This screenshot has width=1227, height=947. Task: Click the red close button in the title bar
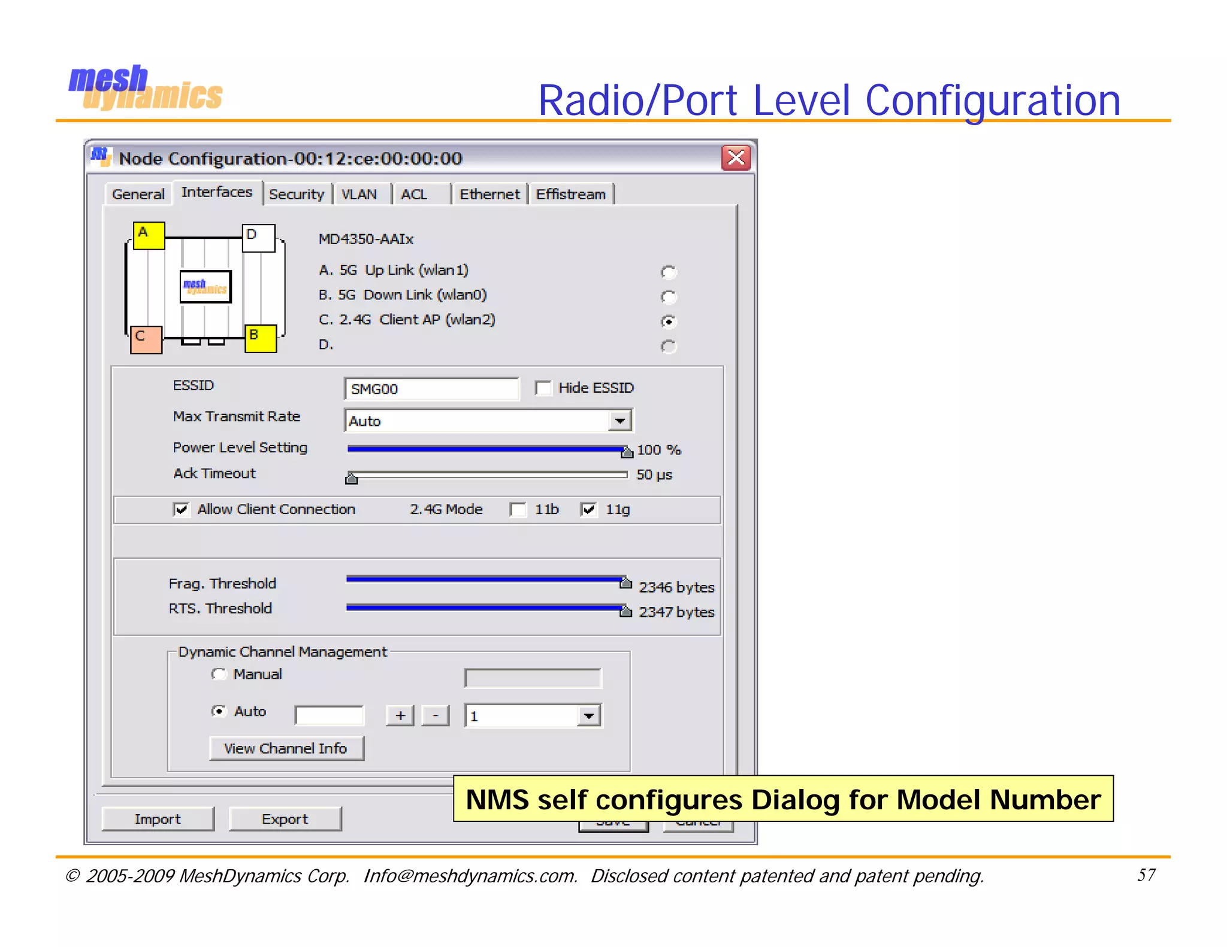click(x=736, y=158)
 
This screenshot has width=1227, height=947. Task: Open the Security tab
click(x=297, y=195)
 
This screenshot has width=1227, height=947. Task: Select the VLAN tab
click(x=359, y=195)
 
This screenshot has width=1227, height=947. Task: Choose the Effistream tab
click(x=570, y=195)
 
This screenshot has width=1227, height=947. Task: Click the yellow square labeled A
click(x=148, y=235)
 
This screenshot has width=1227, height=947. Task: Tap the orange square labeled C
click(x=146, y=339)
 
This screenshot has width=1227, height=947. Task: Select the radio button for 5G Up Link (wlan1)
click(x=669, y=272)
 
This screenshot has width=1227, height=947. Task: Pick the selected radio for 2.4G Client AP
click(x=669, y=321)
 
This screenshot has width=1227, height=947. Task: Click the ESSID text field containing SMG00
click(x=431, y=388)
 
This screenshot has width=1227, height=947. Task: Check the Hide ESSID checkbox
click(x=543, y=388)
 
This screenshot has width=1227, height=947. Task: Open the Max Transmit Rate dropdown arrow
click(x=620, y=421)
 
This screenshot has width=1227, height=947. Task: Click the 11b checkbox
click(x=518, y=509)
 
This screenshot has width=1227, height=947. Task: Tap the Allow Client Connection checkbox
click(x=181, y=509)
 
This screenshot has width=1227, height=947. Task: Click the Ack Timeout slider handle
click(x=352, y=477)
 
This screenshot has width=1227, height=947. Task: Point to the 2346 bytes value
click(x=676, y=587)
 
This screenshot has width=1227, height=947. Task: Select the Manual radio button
click(x=219, y=675)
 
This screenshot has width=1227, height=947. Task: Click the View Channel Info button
click(x=286, y=748)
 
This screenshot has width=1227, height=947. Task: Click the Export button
click(x=285, y=819)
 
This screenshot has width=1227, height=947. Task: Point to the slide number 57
click(x=1146, y=875)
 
